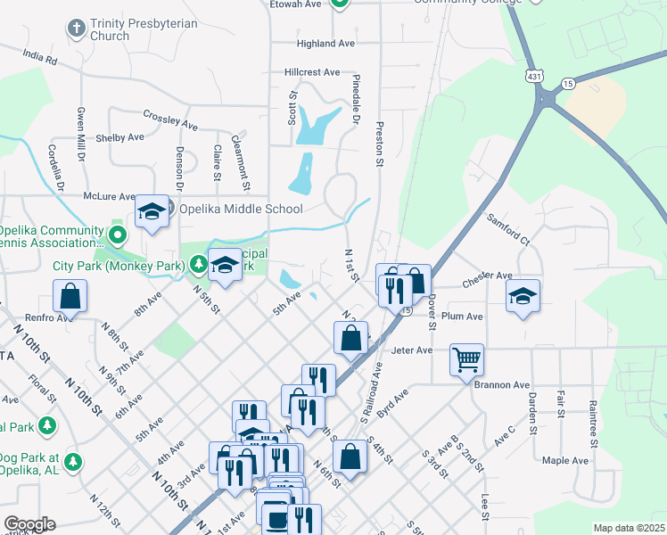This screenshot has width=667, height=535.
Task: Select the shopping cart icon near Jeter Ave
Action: [466, 360]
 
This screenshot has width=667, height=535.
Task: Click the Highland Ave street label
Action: [326, 43]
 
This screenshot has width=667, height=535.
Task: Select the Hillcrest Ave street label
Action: [312, 71]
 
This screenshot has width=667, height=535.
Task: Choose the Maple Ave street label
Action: [565, 460]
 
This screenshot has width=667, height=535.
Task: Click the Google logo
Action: [29, 524]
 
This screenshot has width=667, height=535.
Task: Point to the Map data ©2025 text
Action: [629, 528]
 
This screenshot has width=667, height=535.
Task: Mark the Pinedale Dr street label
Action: [355, 104]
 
